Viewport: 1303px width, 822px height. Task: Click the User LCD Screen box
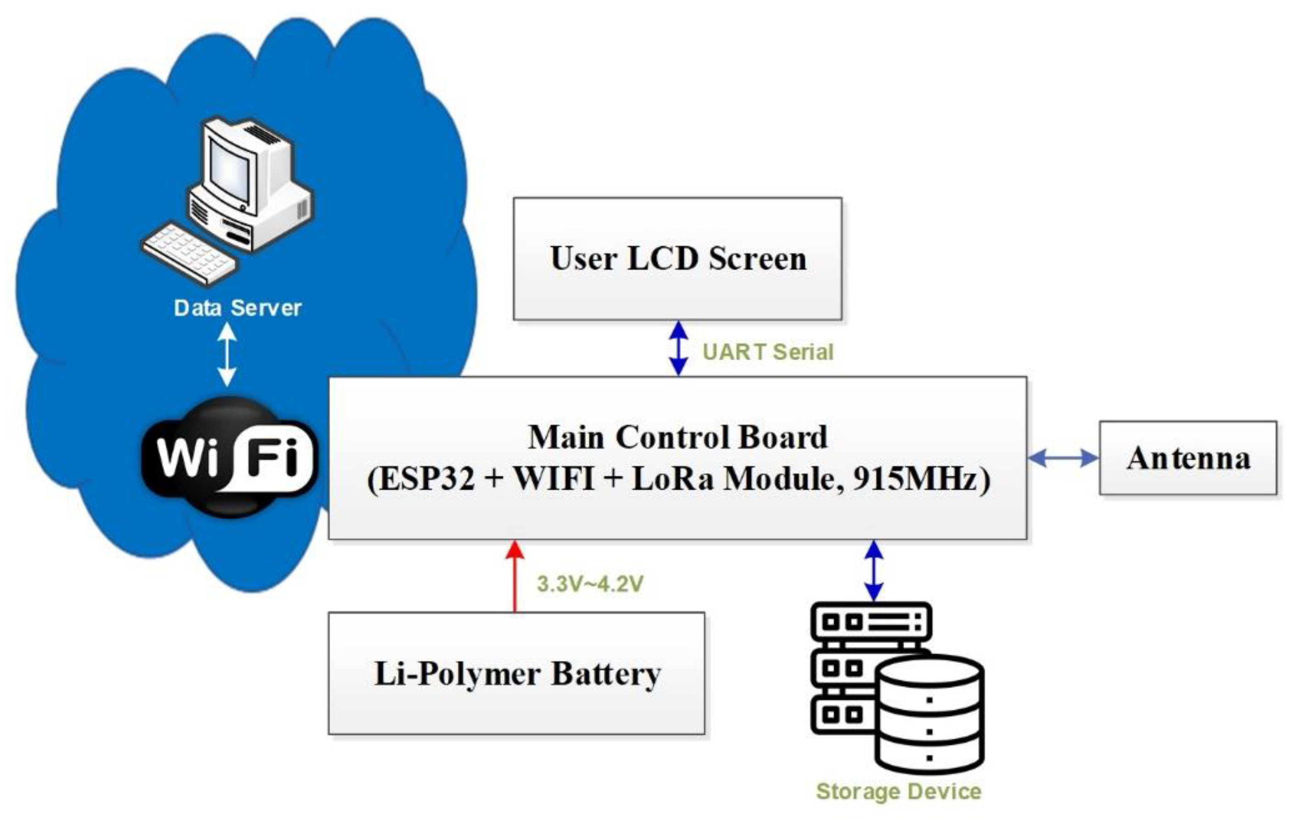click(678, 259)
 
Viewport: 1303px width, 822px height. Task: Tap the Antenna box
click(1188, 458)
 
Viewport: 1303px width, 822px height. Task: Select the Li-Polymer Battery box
click(516, 673)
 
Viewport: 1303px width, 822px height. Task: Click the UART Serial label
click(767, 352)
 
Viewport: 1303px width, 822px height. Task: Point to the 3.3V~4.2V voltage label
click(590, 584)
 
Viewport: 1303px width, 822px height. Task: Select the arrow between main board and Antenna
click(1063, 459)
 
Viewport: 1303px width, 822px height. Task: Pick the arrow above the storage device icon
click(874, 571)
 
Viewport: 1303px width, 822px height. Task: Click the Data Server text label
click(238, 308)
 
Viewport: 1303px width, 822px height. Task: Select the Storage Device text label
click(898, 791)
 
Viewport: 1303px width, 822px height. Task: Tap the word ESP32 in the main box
click(427, 479)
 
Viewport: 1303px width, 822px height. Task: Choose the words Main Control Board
click(678, 437)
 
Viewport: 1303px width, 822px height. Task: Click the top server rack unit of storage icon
click(871, 622)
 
